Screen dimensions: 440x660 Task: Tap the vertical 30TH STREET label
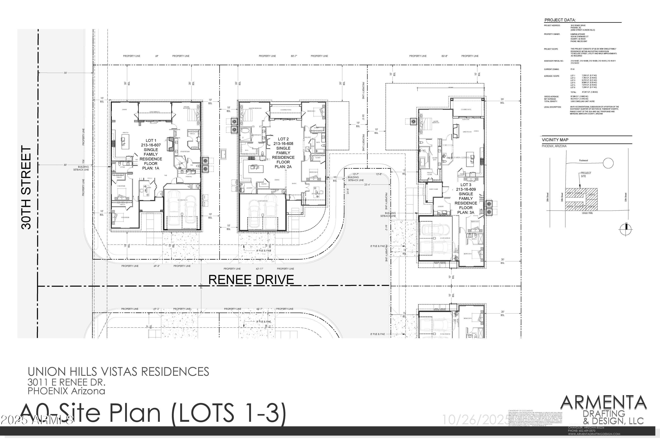pyautogui.click(x=26, y=187)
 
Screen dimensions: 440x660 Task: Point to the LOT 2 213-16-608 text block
pyautogui.click(x=283, y=153)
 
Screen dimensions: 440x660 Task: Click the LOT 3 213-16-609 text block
pyautogui.click(x=466, y=198)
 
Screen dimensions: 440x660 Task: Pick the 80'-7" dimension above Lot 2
pyautogui.click(x=294, y=56)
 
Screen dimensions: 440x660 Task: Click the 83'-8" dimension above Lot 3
pyautogui.click(x=444, y=56)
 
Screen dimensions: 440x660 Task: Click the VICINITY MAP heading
pyautogui.click(x=555, y=140)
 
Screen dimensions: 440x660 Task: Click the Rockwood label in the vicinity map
pyautogui.click(x=583, y=161)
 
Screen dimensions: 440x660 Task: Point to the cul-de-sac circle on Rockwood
pyautogui.click(x=608, y=163)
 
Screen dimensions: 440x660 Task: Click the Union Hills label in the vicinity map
pyautogui.click(x=587, y=213)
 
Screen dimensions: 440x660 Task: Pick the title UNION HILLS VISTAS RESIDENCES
pyautogui.click(x=118, y=372)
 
